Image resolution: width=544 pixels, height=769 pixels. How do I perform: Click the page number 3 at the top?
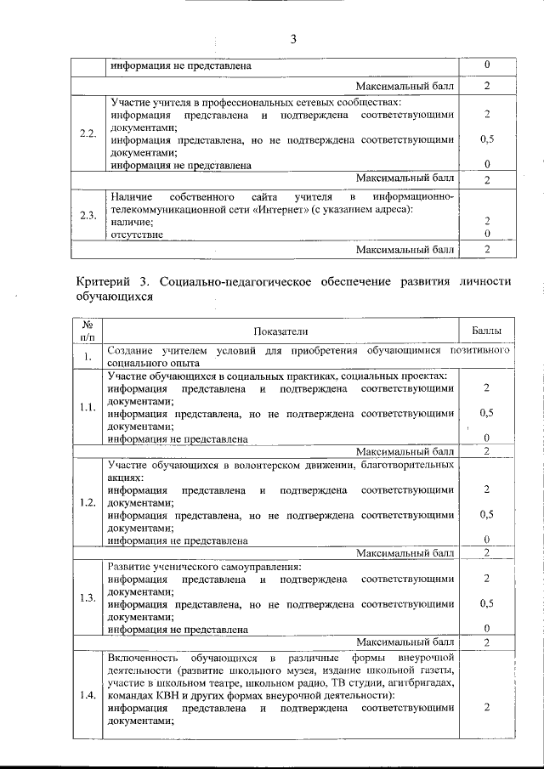(x=293, y=39)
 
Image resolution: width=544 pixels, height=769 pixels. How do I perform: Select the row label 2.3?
(x=87, y=215)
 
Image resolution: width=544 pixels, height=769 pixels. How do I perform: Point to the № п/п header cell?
(x=87, y=330)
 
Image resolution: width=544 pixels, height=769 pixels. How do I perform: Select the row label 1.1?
(x=87, y=407)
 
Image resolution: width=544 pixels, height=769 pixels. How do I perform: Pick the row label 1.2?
(x=87, y=501)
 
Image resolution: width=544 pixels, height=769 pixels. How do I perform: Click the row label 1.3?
(x=87, y=597)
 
